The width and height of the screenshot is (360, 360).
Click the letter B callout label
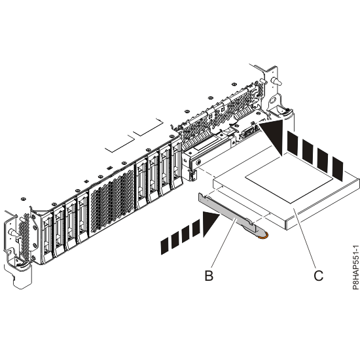tap(209, 276)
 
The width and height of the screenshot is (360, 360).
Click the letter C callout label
tap(319, 276)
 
